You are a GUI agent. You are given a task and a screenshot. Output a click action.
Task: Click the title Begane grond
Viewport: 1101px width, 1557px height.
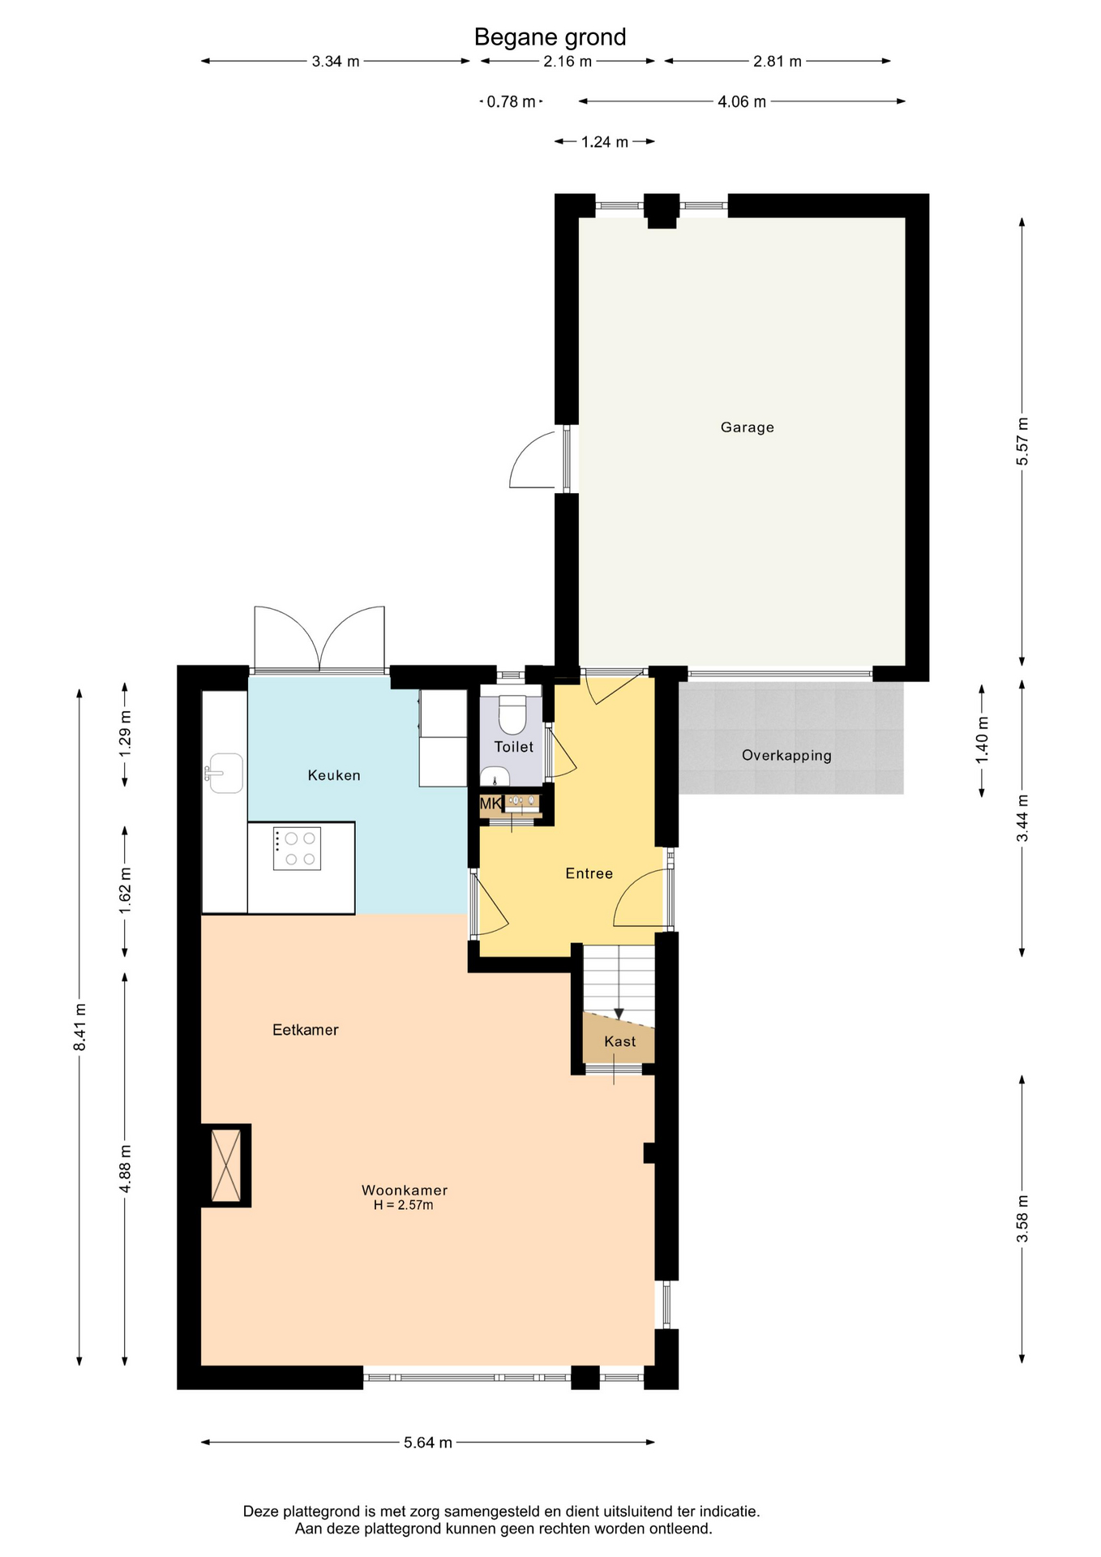click(550, 37)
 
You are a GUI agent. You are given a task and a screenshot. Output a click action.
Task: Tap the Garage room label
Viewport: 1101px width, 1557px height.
click(747, 427)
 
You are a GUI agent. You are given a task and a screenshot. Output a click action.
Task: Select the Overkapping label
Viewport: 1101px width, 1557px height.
click(786, 756)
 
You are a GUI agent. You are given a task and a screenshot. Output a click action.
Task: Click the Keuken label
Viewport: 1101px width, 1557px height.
click(334, 775)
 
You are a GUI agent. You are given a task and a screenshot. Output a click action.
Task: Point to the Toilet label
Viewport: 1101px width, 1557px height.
click(514, 747)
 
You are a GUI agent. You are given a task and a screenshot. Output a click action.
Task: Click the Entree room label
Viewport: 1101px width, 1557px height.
click(589, 873)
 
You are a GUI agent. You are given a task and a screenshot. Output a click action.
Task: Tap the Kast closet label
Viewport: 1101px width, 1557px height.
click(619, 1041)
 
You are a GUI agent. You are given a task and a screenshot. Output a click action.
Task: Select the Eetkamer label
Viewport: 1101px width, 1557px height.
click(306, 1030)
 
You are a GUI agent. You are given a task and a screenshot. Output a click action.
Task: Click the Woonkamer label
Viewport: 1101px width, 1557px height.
click(405, 1190)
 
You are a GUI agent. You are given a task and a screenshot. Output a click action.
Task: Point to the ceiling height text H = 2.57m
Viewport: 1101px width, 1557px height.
click(404, 1205)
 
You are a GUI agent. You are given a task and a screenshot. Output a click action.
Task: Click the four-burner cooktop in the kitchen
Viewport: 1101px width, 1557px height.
click(297, 848)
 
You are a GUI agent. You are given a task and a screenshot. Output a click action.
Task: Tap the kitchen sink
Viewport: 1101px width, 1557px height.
click(224, 773)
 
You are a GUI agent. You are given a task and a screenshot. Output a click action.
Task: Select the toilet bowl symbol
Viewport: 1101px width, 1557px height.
click(512, 714)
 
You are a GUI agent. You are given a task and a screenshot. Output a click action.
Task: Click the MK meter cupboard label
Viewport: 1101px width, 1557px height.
click(491, 804)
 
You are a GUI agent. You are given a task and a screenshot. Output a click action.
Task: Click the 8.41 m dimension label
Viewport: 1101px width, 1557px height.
click(79, 1027)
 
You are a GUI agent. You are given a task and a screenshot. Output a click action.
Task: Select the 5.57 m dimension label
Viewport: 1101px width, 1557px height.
click(1022, 441)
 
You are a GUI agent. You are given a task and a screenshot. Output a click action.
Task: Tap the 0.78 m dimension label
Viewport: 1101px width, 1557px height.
click(511, 101)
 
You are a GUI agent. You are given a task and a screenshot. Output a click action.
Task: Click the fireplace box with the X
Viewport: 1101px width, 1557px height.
click(226, 1165)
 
